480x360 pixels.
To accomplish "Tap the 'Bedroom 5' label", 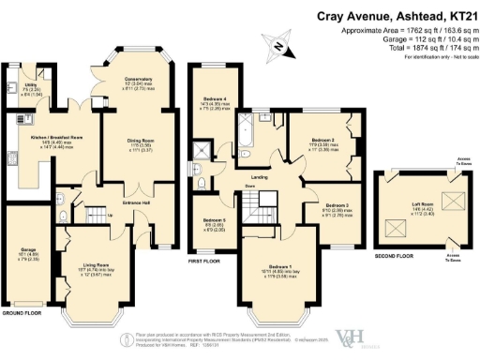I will pos(215,221).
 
